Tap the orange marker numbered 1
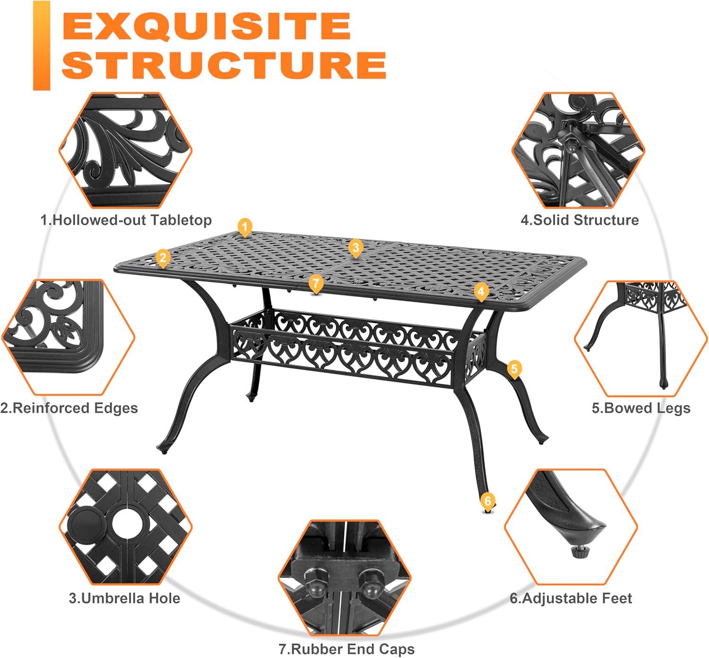pos(244,227)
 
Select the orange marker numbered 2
pos(163,258)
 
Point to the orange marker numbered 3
pos(355,247)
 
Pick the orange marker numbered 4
pos(481,291)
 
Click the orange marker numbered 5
pos(515,369)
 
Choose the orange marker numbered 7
pos(316,284)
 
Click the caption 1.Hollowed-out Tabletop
pos(126,220)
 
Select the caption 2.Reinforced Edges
pos(69,408)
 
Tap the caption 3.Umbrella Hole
pos(124,599)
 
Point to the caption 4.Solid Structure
pos(579,220)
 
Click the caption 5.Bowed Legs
pos(641,408)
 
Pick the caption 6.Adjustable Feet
pos(571,599)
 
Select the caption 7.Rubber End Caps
pos(346,649)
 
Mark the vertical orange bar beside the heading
pos(42,45)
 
